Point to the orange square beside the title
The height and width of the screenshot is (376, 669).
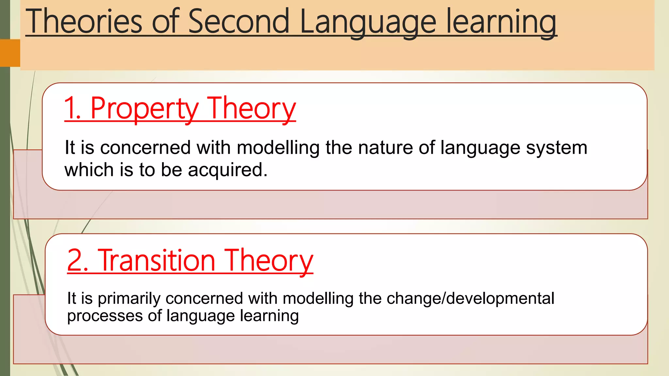(10, 53)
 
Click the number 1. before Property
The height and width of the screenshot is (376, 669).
(73, 108)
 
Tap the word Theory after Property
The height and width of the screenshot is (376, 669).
(252, 109)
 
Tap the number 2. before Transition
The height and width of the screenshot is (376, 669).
(78, 260)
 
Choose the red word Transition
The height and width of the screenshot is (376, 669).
(156, 260)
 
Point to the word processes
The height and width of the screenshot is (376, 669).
(105, 316)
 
